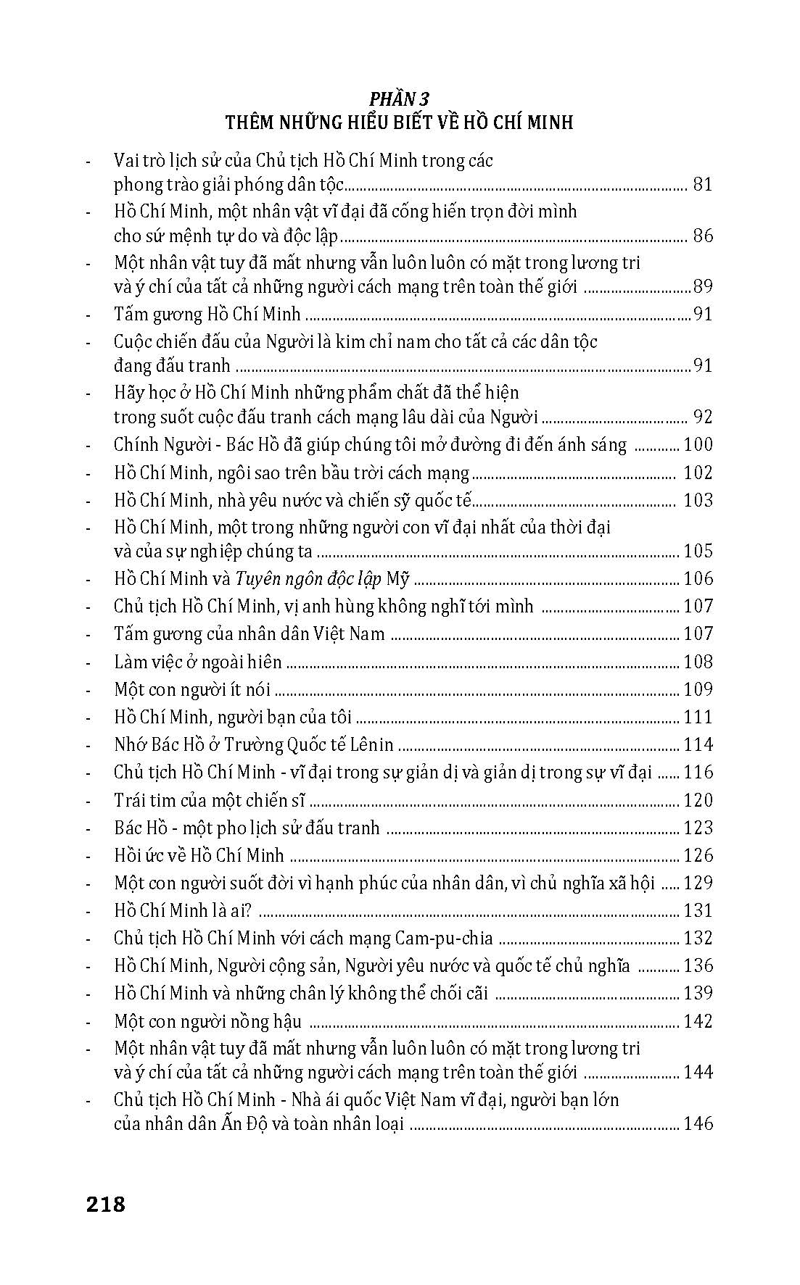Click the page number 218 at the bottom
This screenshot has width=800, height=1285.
pos(105,1205)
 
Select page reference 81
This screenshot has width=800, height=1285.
pos(703,185)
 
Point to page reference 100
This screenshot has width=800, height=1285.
pos(698,445)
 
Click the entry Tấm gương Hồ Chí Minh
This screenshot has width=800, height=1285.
pos(207,315)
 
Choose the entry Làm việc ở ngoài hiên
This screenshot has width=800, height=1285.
pos(197,662)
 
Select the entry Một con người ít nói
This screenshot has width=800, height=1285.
pos(192,690)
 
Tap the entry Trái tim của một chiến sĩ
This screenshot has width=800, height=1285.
pos(210,801)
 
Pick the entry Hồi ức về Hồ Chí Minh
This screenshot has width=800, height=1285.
pos(199,856)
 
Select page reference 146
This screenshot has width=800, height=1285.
pos(698,1125)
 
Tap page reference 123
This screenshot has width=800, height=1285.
pos(698,828)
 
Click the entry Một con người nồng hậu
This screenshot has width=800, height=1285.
pos(207,1022)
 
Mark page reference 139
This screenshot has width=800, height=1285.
pos(698,994)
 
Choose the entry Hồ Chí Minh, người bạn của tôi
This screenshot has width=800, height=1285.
pos(233,718)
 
